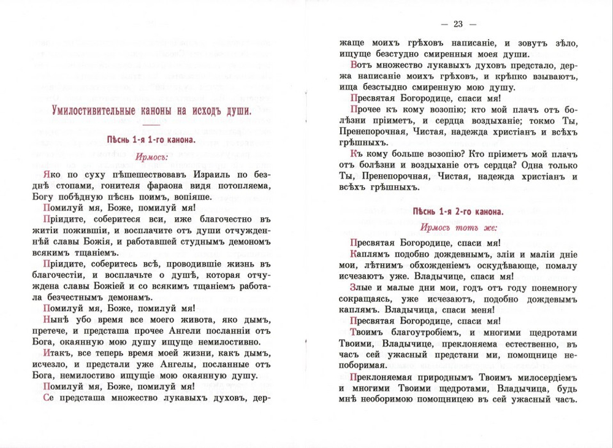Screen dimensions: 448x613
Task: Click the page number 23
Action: pos(458,24)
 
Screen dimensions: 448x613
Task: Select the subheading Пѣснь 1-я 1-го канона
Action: pos(151,140)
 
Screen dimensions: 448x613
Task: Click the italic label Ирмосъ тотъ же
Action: pos(458,226)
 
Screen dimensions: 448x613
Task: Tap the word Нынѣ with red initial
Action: pos(58,320)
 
